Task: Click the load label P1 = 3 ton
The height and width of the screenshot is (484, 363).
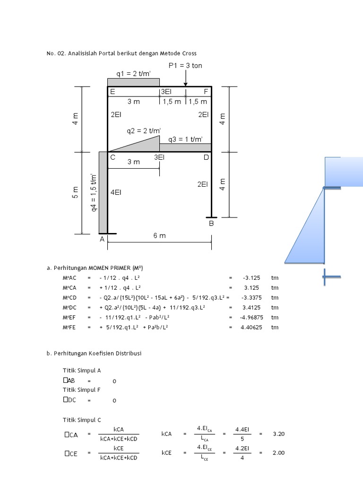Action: tap(185, 65)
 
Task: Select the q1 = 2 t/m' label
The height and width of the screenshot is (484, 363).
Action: tap(133, 73)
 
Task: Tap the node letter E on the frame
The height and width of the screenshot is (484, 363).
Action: tap(112, 92)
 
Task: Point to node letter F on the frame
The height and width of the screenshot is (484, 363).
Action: tap(206, 92)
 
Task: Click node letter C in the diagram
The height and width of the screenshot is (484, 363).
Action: tap(113, 158)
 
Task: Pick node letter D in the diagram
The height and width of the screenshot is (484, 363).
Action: tap(206, 157)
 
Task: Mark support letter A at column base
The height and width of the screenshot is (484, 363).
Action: tap(102, 240)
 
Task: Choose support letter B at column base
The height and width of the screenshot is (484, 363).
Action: tap(211, 223)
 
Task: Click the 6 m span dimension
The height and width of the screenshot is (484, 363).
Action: tap(160, 236)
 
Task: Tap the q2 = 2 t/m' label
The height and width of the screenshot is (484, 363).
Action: tap(143, 130)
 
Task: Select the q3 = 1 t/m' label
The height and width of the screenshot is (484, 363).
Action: tap(185, 139)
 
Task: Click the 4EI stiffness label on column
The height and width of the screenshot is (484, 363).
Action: tap(116, 193)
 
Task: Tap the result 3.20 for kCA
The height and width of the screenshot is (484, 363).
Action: tap(279, 434)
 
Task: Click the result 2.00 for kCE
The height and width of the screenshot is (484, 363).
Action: tap(279, 453)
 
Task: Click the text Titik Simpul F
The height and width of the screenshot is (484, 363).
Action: tap(82, 390)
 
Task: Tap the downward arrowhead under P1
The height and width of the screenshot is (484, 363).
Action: tap(185, 84)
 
